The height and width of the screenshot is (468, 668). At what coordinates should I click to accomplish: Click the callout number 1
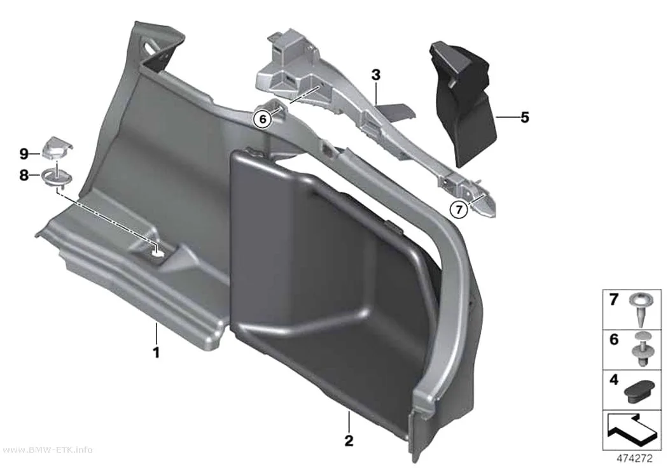[x=157, y=353]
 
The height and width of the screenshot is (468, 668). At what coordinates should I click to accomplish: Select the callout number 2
[x=349, y=441]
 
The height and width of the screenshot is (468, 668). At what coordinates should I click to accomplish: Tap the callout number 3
[x=375, y=75]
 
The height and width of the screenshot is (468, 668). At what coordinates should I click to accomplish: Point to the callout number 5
[x=525, y=117]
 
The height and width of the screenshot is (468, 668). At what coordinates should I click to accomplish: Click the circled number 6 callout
[x=262, y=119]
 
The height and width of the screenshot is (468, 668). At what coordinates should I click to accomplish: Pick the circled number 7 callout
[x=459, y=209]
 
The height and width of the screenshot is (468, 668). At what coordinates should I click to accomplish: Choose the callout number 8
[x=24, y=174]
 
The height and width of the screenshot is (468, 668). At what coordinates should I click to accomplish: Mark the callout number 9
[x=24, y=153]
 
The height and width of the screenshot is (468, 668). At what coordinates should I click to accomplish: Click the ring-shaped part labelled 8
[x=57, y=178]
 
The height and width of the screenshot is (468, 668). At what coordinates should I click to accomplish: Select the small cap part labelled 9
[x=57, y=147]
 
